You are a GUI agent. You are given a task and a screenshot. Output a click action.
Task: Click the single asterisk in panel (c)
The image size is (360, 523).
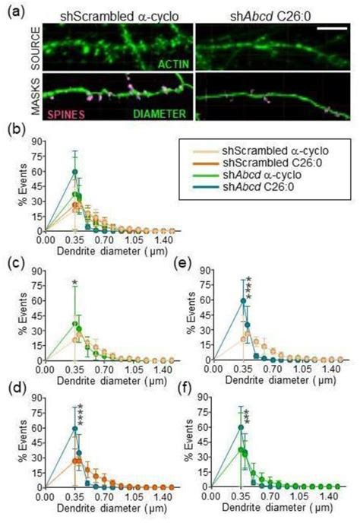tap(74, 284)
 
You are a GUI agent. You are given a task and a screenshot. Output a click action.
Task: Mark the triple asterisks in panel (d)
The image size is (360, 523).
tap(79, 414)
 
